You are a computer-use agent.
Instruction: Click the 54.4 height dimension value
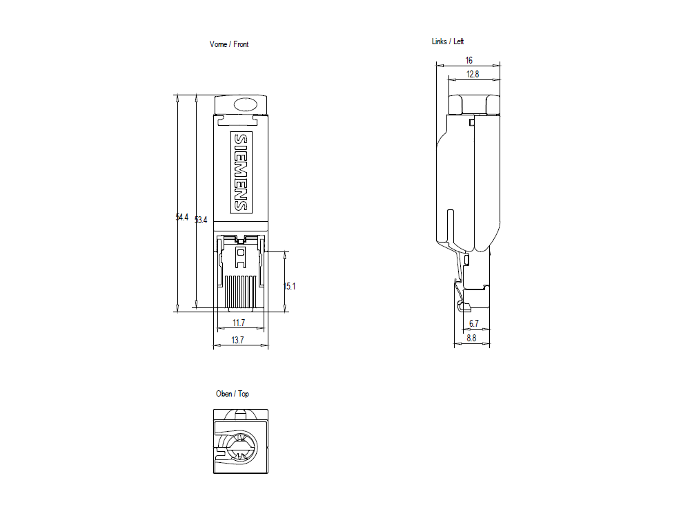(x=181, y=217)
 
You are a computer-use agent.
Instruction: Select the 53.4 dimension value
(x=201, y=220)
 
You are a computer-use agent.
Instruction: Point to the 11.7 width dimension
(x=239, y=323)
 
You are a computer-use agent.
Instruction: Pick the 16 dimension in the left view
(x=469, y=61)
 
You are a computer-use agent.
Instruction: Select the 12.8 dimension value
(x=472, y=74)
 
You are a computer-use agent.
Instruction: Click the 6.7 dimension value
(x=474, y=323)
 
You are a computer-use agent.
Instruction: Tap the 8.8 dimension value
(x=471, y=339)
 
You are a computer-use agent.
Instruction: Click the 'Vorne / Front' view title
(x=229, y=44)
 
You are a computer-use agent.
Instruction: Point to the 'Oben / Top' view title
(x=233, y=394)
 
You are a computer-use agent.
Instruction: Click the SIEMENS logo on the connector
(x=240, y=171)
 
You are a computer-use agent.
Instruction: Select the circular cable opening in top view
(x=240, y=449)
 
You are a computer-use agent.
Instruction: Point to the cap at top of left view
(x=474, y=104)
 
